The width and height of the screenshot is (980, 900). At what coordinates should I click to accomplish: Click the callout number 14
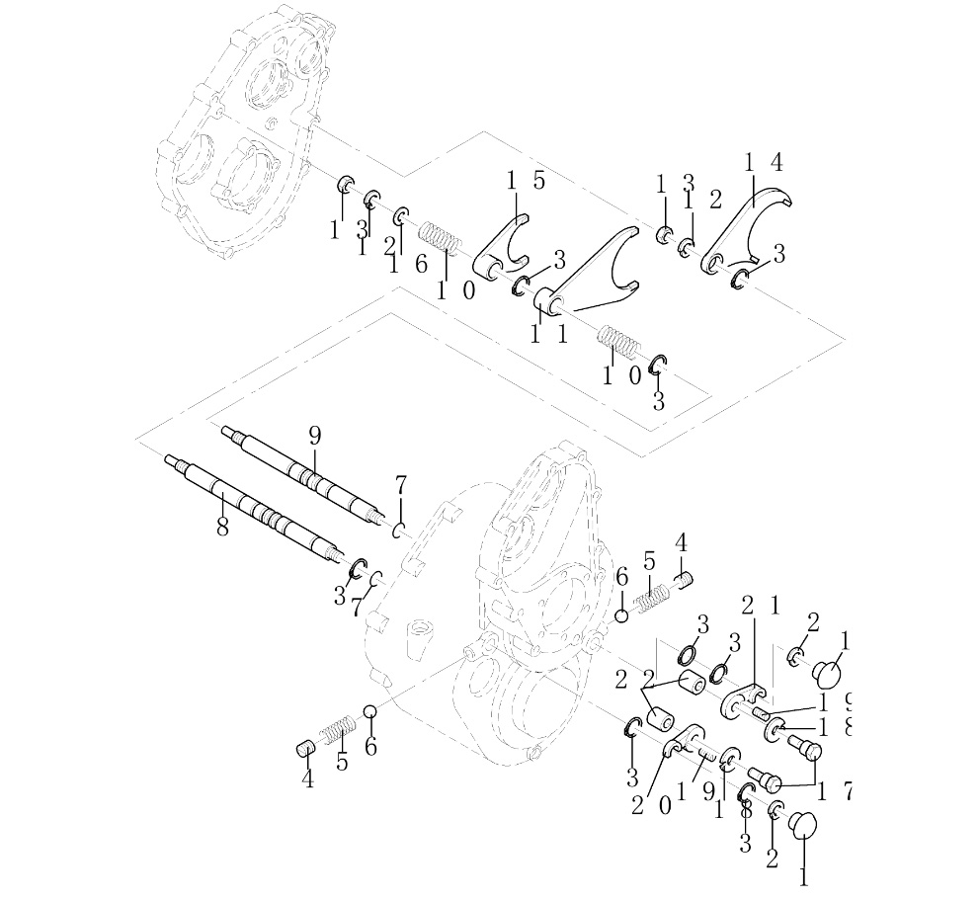pyautogui.click(x=764, y=164)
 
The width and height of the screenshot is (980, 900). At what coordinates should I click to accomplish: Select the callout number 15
pyautogui.click(x=526, y=181)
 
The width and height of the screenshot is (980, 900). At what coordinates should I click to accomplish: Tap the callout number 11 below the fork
pyautogui.click(x=548, y=334)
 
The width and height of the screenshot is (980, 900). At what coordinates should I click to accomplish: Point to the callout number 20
pyautogui.click(x=651, y=805)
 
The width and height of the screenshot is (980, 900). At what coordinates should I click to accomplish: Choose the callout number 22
pyautogui.click(x=632, y=679)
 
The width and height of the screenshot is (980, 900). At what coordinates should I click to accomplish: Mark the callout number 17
pyautogui.click(x=832, y=790)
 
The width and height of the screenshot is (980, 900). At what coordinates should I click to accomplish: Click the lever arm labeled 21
pyautogui.click(x=743, y=698)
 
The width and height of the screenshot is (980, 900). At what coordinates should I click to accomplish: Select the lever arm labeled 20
pyautogui.click(x=682, y=740)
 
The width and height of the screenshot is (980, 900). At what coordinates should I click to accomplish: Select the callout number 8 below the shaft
pyautogui.click(x=222, y=528)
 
